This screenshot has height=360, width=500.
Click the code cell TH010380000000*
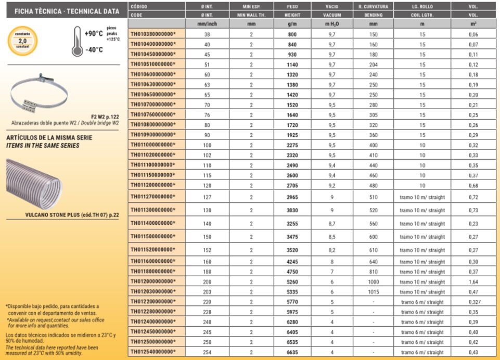click(x=153, y=34)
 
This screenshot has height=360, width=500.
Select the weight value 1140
click(x=292, y=65)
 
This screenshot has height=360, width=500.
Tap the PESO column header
click(x=292, y=6)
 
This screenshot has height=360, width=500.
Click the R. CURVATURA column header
click(x=373, y=6)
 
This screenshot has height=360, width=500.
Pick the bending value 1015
click(x=373, y=292)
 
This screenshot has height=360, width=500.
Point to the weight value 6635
click(x=292, y=352)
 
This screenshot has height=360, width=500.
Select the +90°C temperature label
click(x=93, y=34)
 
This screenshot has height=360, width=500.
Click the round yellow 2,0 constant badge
click(x=22, y=41)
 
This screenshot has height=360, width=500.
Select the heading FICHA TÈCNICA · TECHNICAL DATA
click(x=63, y=11)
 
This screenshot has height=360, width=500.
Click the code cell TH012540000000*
click(x=153, y=352)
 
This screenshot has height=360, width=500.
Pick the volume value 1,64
click(x=473, y=281)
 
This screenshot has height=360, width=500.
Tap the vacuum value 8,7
click(x=332, y=223)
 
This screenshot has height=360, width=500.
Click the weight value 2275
click(x=292, y=145)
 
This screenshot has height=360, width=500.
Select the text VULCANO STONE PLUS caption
click(x=72, y=215)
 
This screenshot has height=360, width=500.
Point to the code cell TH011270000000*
click(x=153, y=197)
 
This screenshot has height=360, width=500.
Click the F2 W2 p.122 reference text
click(x=106, y=117)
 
